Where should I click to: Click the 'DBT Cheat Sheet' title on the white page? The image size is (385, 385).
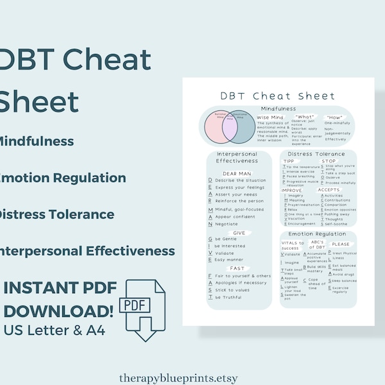pyautogui.click(x=278, y=96)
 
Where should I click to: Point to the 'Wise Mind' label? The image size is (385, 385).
pyautogui.click(x=270, y=118)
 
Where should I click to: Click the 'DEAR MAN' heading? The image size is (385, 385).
pyautogui.click(x=237, y=173)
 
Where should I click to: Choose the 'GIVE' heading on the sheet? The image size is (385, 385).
pyautogui.click(x=238, y=233)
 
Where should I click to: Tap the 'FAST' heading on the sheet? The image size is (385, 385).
pyautogui.click(x=237, y=268)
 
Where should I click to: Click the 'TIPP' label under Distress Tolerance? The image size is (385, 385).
pyautogui.click(x=289, y=161)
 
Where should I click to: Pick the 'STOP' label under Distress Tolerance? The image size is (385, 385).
pyautogui.click(x=337, y=161)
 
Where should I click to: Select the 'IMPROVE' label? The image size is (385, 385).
pyautogui.click(x=292, y=190)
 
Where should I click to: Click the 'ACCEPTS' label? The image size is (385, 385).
pyautogui.click(x=329, y=190)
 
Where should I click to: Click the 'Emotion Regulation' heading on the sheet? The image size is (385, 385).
pyautogui.click(x=318, y=234)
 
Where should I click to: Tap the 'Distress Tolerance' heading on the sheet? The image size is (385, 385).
pyautogui.click(x=318, y=154)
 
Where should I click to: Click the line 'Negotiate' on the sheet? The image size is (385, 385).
pyautogui.click(x=226, y=224)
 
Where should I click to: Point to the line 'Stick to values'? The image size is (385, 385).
pyautogui.click(x=232, y=290)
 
